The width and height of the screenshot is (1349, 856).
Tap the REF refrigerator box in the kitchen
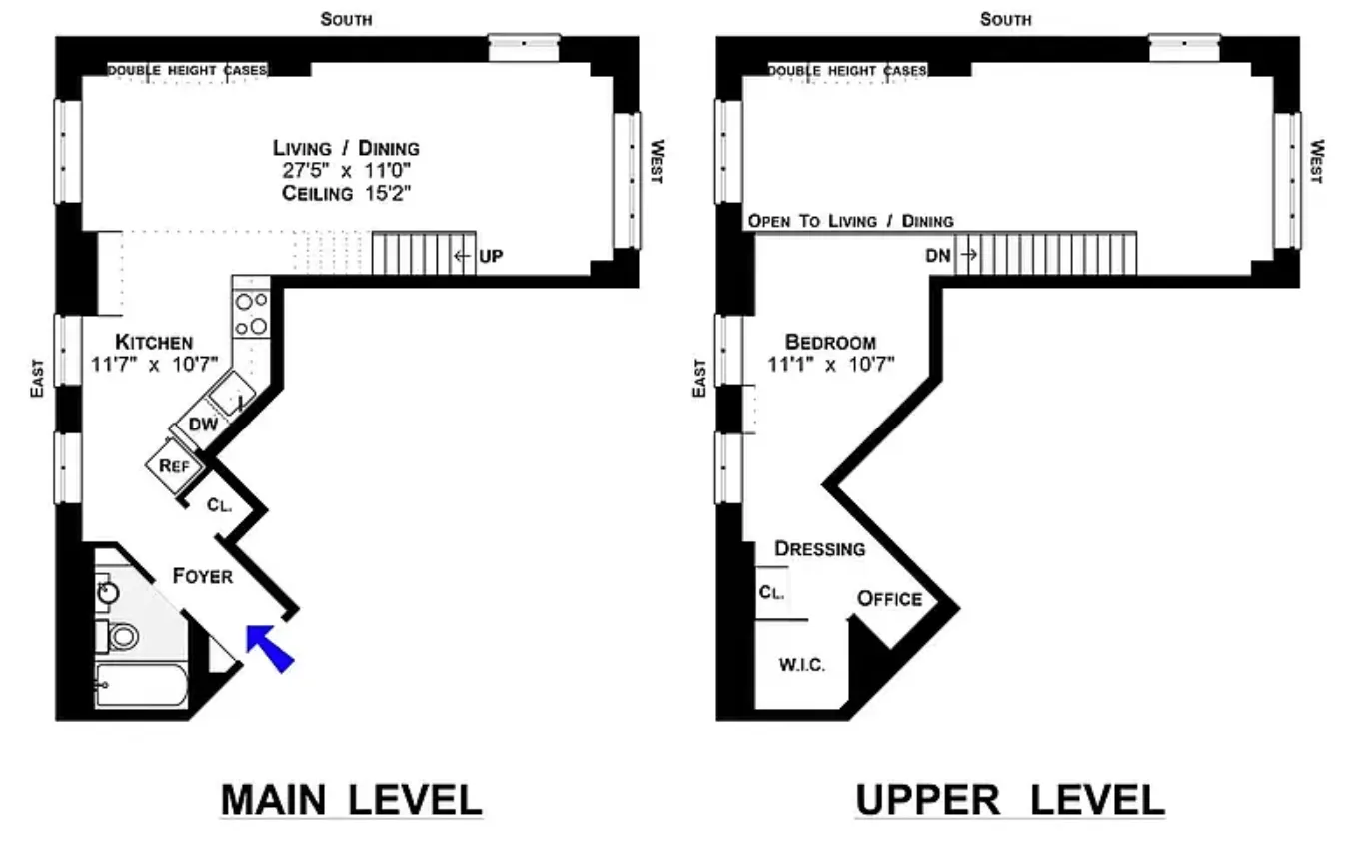click(x=167, y=465)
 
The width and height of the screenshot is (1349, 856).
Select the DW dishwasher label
click(x=203, y=425)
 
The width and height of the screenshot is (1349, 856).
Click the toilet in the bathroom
click(x=123, y=635)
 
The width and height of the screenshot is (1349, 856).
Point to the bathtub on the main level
click(x=141, y=685)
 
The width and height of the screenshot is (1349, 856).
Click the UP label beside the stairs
click(x=491, y=257)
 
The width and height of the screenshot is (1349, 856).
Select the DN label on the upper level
click(x=938, y=256)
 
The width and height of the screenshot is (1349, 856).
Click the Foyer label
click(x=202, y=576)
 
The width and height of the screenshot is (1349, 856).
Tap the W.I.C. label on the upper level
click(x=801, y=665)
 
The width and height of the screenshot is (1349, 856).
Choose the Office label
click(x=889, y=598)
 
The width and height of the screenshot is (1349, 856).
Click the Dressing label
click(x=819, y=548)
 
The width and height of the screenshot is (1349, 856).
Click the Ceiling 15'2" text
click(x=346, y=194)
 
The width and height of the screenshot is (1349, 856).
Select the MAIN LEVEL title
click(x=351, y=800)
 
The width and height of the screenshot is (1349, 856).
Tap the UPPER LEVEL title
click(x=1009, y=800)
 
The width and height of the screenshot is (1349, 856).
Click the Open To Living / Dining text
click(x=850, y=221)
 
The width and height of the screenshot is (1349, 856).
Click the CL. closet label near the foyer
click(x=219, y=505)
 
